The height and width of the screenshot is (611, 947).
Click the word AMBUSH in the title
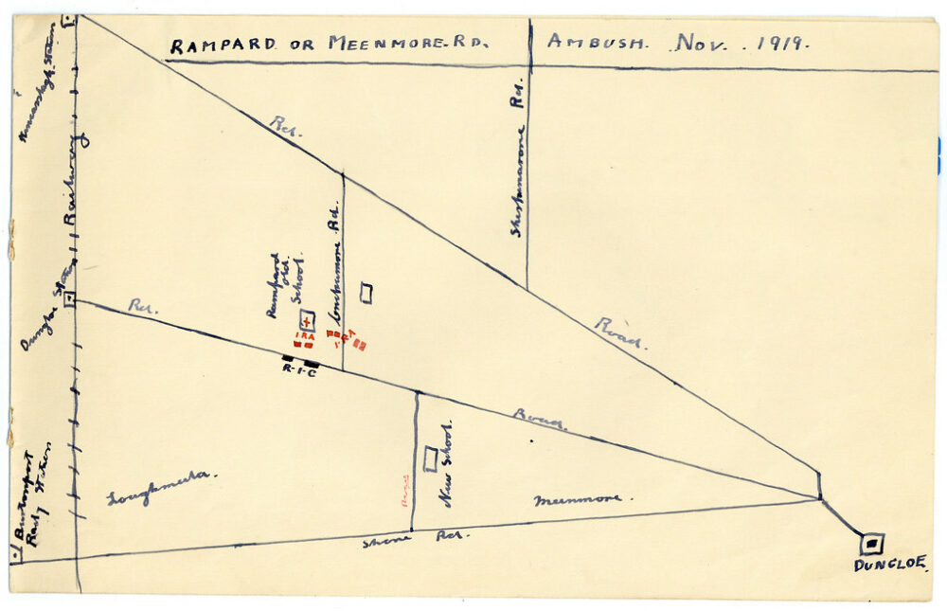(x=599, y=42)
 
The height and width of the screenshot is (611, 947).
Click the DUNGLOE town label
(x=889, y=566)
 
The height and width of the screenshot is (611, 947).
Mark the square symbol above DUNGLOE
(x=872, y=544)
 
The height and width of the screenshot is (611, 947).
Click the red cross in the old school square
(x=306, y=322)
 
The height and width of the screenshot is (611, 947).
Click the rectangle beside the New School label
(x=430, y=458)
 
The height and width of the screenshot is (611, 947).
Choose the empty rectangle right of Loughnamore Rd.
(x=366, y=294)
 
